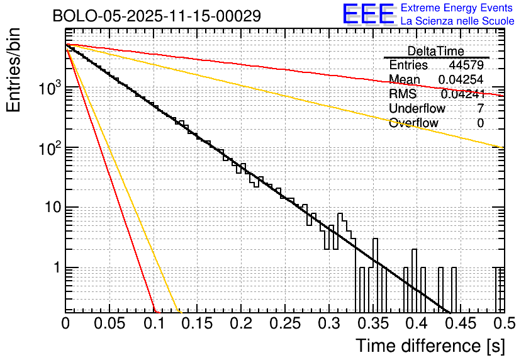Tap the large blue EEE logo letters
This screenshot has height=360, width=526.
tap(369, 14)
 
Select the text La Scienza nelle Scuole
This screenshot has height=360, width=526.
tap(457, 21)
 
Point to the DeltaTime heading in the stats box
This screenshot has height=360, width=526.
tap(435, 51)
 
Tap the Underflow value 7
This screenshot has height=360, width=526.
tap(480, 108)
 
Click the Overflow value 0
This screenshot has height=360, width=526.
tap(480, 123)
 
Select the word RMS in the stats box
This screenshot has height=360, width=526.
tap(403, 94)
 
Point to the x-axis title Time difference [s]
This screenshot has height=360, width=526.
tap(430, 346)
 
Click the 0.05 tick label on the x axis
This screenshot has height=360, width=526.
tap(109, 324)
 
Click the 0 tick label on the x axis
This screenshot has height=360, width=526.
tap(65, 324)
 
